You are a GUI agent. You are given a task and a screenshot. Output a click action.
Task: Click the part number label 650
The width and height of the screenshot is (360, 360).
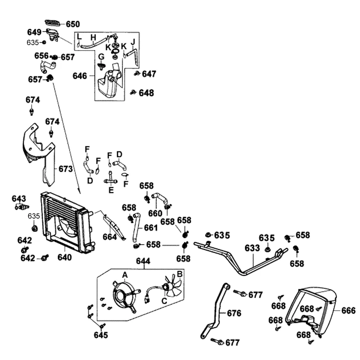[73, 24]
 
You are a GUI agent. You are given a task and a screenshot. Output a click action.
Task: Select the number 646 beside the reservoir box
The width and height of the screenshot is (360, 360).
[80, 76]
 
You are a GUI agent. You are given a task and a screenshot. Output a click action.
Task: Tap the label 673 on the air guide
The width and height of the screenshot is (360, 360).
[66, 169]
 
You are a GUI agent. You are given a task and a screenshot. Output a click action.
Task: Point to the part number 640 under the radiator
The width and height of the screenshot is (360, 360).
[64, 257]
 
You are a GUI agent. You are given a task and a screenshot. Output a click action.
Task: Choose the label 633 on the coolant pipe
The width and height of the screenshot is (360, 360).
[252, 248]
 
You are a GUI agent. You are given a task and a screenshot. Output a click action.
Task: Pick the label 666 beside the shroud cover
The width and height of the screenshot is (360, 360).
[348, 311]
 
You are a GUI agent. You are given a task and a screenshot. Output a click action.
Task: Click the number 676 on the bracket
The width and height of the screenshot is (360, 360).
[234, 313]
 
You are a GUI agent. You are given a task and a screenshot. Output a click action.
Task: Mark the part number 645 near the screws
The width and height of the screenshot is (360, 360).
[101, 335]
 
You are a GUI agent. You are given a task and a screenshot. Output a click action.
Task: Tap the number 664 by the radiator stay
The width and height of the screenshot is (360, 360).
[110, 237]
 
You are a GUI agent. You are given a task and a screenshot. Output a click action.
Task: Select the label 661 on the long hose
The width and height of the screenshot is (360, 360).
[150, 228]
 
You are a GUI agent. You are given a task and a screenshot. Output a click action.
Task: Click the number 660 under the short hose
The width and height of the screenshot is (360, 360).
[155, 213]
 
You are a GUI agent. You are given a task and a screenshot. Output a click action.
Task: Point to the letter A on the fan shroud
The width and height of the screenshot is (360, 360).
[125, 275]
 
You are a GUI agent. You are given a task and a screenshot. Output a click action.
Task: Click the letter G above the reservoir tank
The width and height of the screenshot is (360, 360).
[101, 57]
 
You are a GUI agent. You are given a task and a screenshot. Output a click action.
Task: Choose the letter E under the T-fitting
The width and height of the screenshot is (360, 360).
[111, 190]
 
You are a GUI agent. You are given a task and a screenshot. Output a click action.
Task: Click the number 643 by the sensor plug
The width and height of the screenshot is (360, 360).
[19, 198]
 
